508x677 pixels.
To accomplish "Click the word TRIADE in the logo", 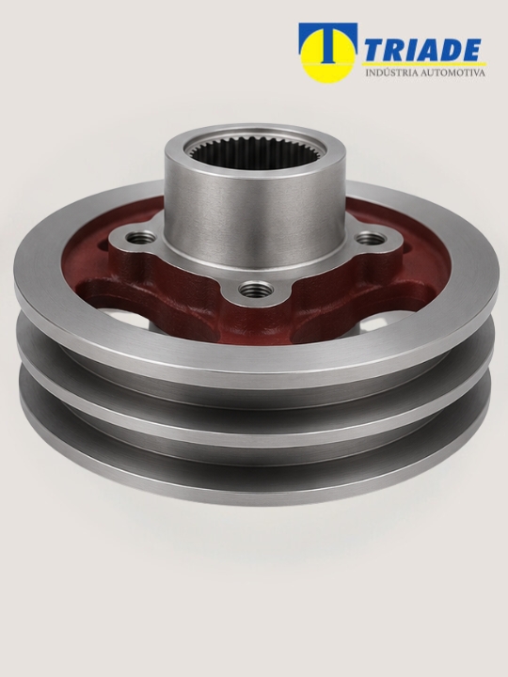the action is click(423, 50).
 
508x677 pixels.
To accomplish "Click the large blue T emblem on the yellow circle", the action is click(328, 41).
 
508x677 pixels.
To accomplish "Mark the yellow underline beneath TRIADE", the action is click(424, 64).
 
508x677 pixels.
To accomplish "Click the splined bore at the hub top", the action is click(254, 152).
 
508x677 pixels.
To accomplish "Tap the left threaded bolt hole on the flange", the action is click(140, 237).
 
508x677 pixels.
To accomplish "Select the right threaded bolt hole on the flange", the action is click(371, 238).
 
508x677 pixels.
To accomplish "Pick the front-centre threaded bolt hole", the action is click(255, 289).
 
